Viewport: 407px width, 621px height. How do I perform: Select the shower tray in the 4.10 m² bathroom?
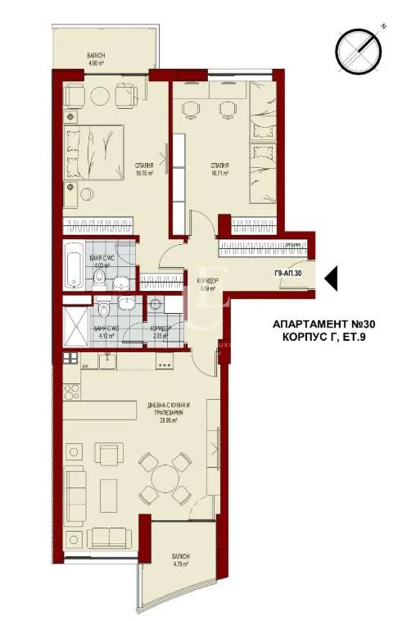(77, 320)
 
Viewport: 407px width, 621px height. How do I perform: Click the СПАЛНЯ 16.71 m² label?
(219, 170)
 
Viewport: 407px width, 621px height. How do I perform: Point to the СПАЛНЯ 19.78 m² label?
(147, 168)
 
